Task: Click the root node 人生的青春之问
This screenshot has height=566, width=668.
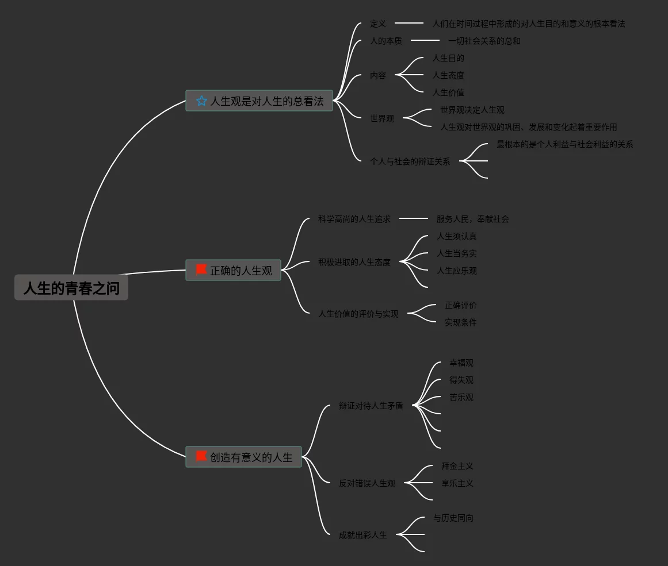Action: [71, 288]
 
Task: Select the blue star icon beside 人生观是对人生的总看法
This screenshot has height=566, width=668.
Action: [201, 101]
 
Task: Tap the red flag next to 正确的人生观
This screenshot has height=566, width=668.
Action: [201, 269]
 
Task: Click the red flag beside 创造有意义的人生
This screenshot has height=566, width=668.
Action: [201, 456]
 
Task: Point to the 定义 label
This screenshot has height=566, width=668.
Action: [378, 24]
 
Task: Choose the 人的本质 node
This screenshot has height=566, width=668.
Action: [386, 41]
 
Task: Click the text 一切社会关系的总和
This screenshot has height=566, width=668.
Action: [484, 41]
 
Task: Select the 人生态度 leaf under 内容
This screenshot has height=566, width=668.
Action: [448, 75]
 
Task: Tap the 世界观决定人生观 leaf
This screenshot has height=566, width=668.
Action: [472, 110]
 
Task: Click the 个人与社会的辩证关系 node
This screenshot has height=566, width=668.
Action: [410, 161]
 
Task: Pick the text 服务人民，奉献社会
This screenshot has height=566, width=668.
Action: [472, 219]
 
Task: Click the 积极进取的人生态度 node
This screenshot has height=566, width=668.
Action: [354, 262]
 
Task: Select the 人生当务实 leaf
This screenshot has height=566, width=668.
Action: [456, 253]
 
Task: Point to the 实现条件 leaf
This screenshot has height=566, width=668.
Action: [460, 322]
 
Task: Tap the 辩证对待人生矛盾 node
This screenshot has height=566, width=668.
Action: [371, 406]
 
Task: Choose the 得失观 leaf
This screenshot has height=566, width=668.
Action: [461, 380]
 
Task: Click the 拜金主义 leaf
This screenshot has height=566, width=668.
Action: [457, 466]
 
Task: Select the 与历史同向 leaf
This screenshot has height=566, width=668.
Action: [453, 518]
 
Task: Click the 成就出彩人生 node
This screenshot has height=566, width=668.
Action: [362, 535]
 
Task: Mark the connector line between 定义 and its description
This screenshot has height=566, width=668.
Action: [409, 24]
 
